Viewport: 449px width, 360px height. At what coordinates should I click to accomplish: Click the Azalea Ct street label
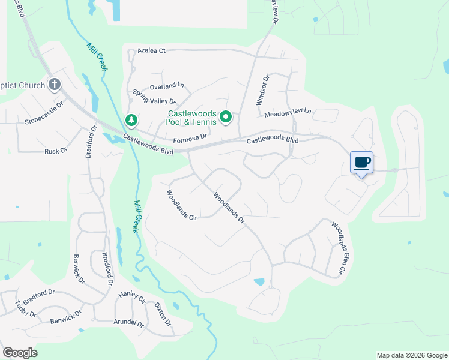151,51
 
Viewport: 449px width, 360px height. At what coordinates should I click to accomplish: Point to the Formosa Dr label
190,137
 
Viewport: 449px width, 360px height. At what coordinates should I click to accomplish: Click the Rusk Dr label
56,152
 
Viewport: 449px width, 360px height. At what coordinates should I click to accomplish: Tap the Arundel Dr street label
129,323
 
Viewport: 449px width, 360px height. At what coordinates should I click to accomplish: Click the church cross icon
55,85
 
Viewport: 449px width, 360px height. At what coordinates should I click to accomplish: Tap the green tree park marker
131,121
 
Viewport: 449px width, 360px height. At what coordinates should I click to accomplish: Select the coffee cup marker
361,163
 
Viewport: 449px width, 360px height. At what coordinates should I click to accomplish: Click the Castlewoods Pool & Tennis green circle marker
226,117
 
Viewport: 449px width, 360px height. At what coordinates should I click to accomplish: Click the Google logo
20,353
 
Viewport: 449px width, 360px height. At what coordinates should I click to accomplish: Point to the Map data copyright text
411,355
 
